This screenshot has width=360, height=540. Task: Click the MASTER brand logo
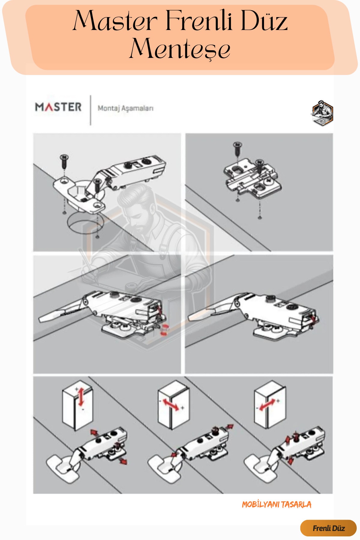pyautogui.click(x=58, y=107)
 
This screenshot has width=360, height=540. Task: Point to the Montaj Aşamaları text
pyautogui.click(x=125, y=108)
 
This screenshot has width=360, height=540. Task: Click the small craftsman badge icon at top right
pyautogui.click(x=322, y=113)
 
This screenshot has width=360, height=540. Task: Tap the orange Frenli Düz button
pyautogui.click(x=328, y=528)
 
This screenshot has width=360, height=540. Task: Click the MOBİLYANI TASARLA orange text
pyautogui.click(x=277, y=505)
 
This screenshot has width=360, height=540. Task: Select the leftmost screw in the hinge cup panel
pyautogui.click(x=64, y=162)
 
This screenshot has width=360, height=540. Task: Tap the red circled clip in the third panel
pyautogui.click(x=164, y=329)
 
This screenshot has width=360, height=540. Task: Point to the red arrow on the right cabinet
pyautogui.click(x=267, y=405)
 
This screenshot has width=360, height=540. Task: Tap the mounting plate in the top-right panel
pyautogui.click(x=253, y=178)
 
